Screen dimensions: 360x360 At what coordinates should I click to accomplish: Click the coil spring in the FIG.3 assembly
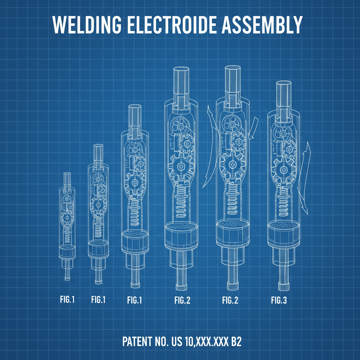point(283,204)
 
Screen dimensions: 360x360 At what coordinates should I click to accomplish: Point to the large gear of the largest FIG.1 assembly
point(134,183)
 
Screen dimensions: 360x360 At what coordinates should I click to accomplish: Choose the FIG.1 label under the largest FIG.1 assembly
point(134,300)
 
